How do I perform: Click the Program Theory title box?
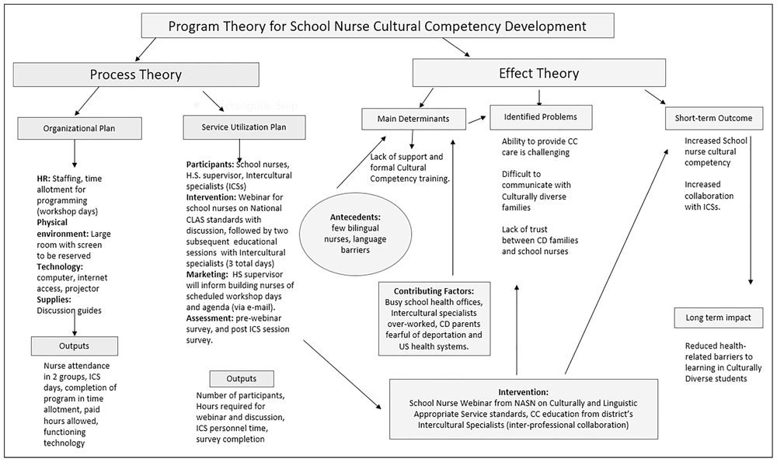pyautogui.click(x=377, y=26)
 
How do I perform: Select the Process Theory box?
pyautogui.click(x=135, y=75)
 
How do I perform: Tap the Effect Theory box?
pyautogui.click(x=538, y=74)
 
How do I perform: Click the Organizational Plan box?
pyautogui.click(x=81, y=127)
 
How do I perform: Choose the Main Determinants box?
pyautogui.click(x=414, y=118)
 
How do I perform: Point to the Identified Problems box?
pyautogui.click(x=540, y=117)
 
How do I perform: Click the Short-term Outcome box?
pyautogui.click(x=713, y=118)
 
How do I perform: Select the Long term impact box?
pyautogui.click(x=718, y=318)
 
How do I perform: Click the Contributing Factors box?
pyautogui.click(x=434, y=318)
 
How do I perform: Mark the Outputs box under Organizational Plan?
pyautogui.click(x=75, y=346)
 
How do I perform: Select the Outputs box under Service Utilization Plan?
pyautogui.click(x=241, y=378)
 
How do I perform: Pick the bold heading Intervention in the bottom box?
pyautogui.click(x=522, y=392)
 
